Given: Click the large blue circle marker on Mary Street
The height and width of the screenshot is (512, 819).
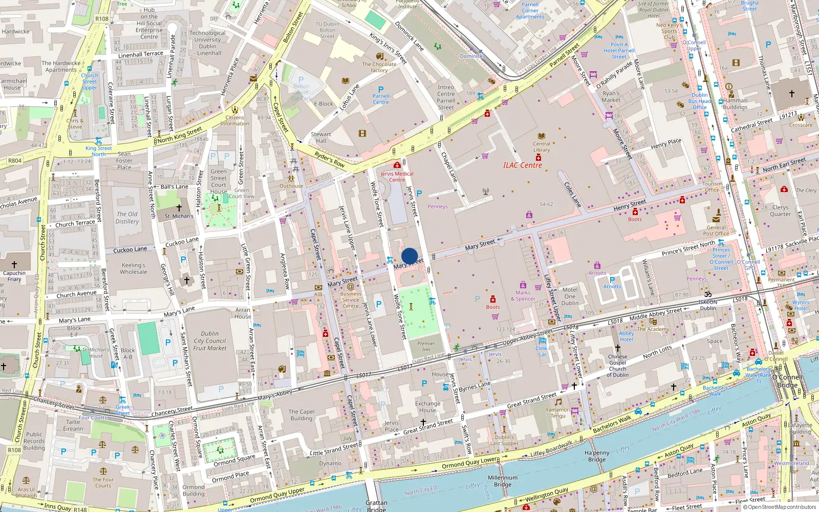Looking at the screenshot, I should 409,256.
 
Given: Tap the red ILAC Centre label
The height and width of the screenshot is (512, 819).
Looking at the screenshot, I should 522,165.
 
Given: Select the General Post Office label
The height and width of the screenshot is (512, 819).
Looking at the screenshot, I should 716,230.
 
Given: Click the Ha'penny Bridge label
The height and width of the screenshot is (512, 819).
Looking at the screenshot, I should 597,456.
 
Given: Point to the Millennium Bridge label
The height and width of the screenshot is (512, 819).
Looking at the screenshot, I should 503,481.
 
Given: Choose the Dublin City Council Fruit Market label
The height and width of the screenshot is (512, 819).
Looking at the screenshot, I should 209,341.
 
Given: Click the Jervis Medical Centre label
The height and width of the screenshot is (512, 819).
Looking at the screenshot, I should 397,177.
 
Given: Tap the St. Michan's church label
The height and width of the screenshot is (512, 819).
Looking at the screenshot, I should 179,216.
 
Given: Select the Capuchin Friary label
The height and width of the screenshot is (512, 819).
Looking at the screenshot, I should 14,276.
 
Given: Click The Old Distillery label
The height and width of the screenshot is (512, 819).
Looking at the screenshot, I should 127,218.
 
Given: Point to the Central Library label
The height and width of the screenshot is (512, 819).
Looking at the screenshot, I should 542,147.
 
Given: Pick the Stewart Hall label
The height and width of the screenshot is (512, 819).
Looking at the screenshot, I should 321,137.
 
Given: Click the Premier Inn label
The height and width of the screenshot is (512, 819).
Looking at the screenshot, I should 426,347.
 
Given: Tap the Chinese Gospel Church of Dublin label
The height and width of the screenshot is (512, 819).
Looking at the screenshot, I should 617,366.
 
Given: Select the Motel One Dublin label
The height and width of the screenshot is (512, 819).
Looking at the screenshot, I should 570,296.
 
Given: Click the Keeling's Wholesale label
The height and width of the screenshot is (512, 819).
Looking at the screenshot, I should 133,268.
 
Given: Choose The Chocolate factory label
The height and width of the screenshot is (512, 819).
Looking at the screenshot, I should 379,67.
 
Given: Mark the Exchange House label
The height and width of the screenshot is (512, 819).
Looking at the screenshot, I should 427,407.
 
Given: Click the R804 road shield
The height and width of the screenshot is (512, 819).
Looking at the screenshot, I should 15,161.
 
